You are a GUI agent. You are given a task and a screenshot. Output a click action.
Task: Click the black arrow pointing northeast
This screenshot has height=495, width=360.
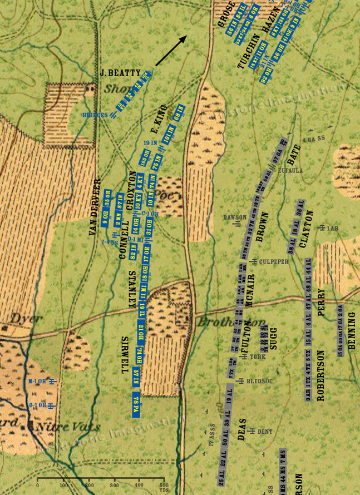[172, 50]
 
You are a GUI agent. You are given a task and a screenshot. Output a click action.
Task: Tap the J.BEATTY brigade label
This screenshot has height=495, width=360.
[119, 72]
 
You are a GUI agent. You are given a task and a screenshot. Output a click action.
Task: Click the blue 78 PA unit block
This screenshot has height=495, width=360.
[136, 404]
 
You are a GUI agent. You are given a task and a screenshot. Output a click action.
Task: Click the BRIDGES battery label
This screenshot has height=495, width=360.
[95, 115]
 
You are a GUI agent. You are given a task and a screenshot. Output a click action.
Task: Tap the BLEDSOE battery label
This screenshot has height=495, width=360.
[259, 381]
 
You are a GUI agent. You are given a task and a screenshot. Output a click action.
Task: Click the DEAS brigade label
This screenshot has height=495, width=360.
[242, 428]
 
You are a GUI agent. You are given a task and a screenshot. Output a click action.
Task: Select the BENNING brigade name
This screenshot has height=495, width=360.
[351, 330]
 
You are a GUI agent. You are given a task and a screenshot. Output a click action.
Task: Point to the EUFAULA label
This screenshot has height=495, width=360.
[290, 170]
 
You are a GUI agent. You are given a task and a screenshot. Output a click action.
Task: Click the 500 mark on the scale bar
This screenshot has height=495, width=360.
[164, 486]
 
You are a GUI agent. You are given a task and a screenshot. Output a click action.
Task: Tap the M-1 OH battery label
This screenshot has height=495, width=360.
[38, 382]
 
